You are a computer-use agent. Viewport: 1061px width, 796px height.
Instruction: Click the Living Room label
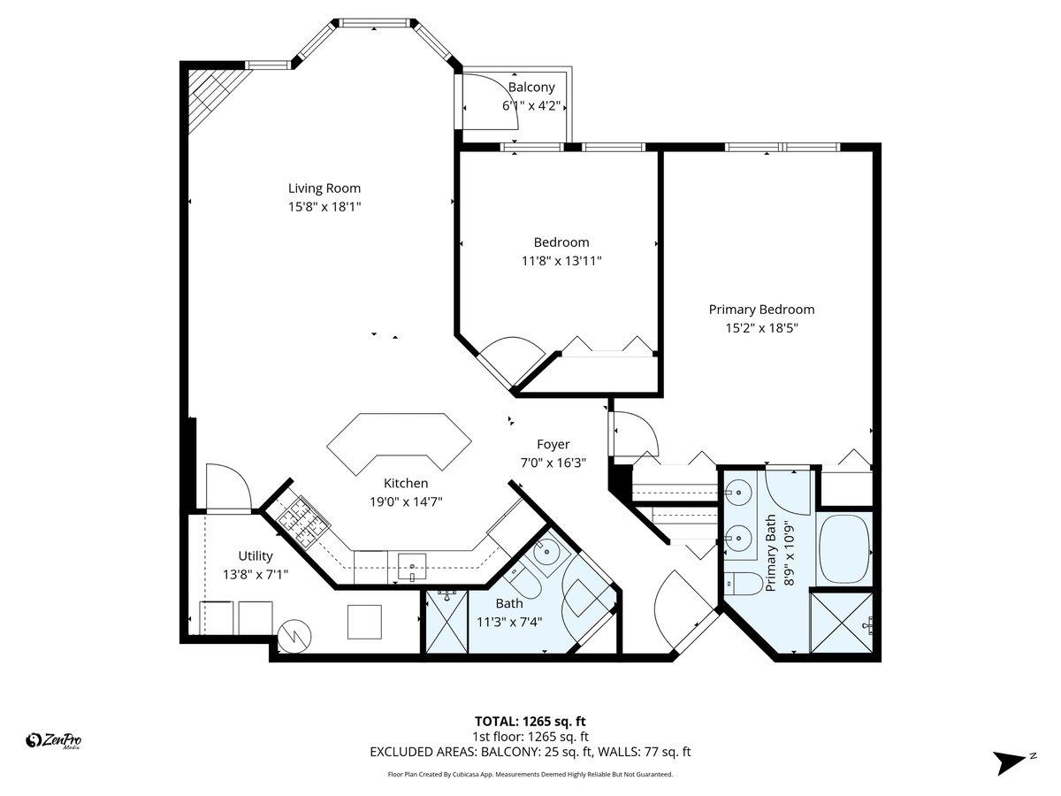pyautogui.click(x=324, y=188)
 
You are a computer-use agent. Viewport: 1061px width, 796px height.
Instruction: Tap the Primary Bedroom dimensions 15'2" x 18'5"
pyautogui.click(x=761, y=327)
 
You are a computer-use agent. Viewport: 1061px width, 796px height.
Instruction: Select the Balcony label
pyautogui.click(x=531, y=88)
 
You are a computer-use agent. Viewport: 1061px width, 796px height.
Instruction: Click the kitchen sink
pyautogui.click(x=412, y=564)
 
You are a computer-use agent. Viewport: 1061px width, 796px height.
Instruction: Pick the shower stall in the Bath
pyautogui.click(x=447, y=623)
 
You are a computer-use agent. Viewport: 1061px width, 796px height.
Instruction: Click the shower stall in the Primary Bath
pyautogui.click(x=842, y=624)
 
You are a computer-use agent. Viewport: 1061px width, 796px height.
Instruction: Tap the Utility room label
pyautogui.click(x=255, y=556)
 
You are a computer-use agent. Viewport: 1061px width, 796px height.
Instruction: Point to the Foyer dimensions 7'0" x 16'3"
pyautogui.click(x=553, y=462)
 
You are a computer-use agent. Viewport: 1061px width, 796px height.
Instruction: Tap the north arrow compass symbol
pyautogui.click(x=1011, y=762)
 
